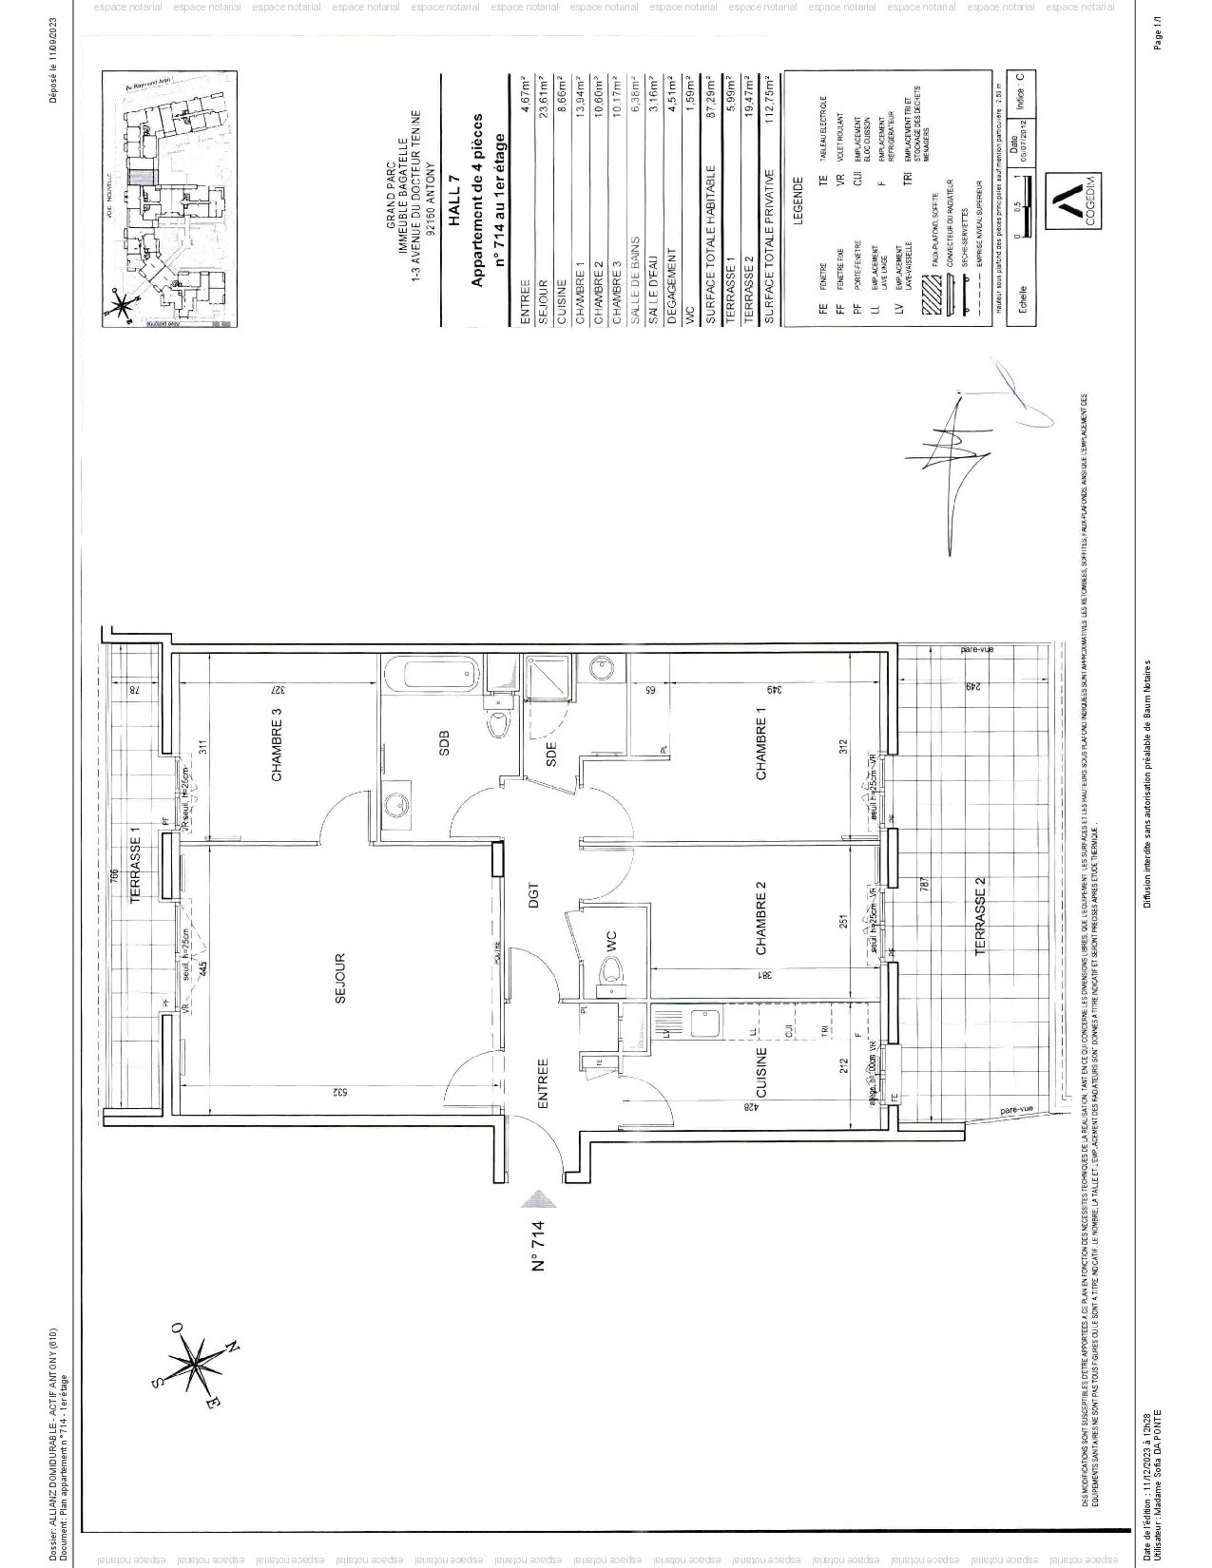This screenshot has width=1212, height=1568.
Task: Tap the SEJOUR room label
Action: (339, 979)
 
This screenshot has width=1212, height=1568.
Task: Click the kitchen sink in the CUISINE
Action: (704, 1023)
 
